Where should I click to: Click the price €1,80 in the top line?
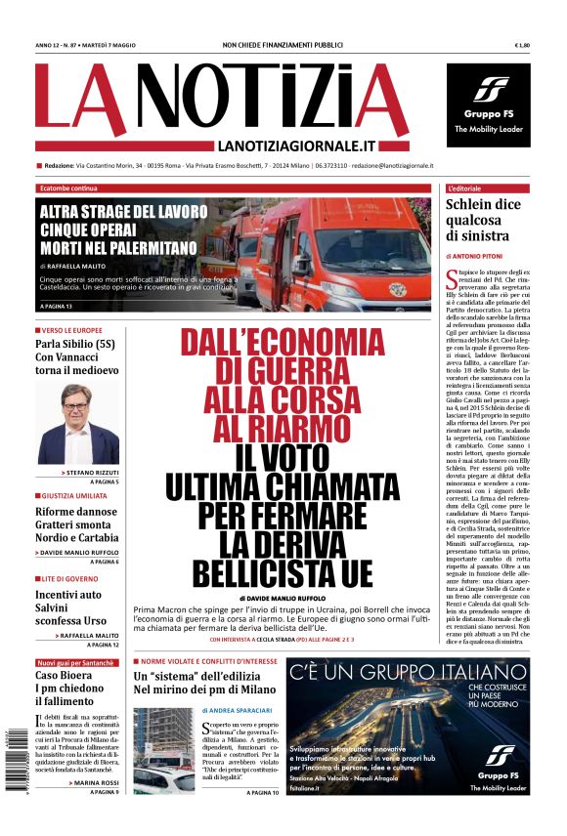[x=521, y=45]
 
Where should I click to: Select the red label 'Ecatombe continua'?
[x=68, y=188]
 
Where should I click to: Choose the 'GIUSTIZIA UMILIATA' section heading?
[x=75, y=496]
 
